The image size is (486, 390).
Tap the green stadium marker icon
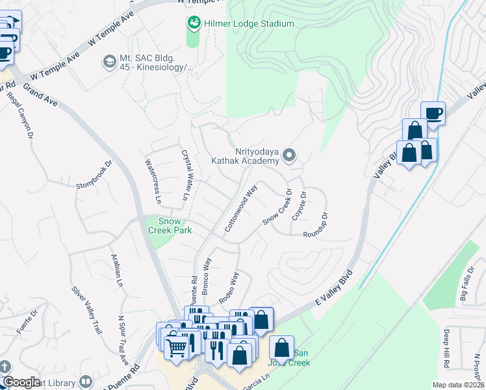[x=193, y=24]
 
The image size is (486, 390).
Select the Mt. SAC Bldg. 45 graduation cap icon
[x=109, y=62]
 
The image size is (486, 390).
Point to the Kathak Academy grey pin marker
[x=290, y=155]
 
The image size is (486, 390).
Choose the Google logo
[x=22, y=382]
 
